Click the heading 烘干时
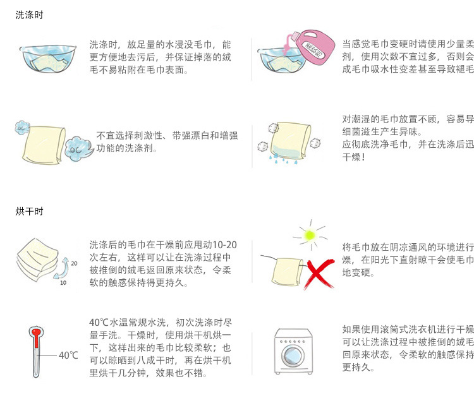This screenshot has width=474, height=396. pos(30,211)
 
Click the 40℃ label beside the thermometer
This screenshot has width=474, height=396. pos(68,356)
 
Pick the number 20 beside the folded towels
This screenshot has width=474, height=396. pos(73,263)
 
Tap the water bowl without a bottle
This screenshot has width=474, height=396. pos(45,59)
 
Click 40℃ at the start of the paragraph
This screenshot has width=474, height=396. pos(99,322)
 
